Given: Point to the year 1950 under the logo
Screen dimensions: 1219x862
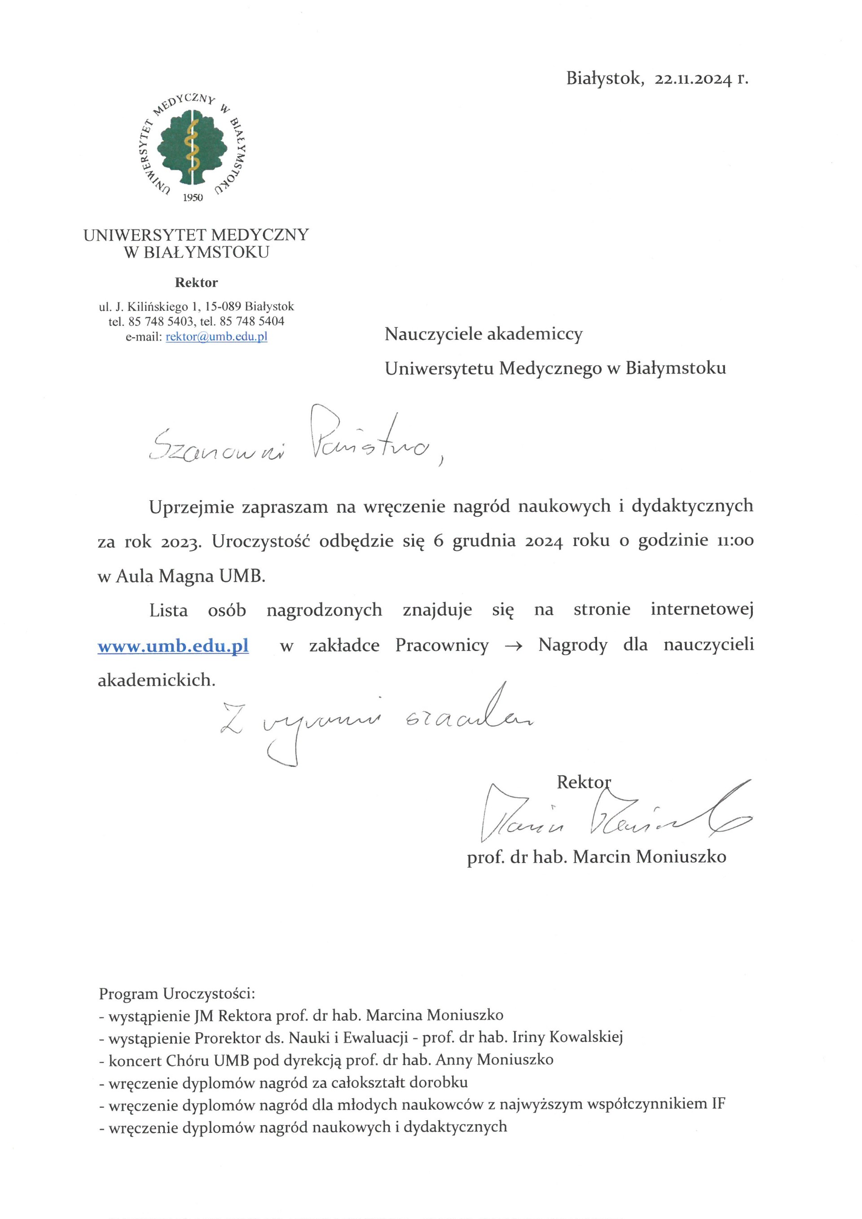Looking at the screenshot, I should [x=193, y=198].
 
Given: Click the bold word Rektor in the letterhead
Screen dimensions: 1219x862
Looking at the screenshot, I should [x=196, y=282].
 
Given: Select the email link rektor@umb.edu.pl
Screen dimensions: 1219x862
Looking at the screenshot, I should [x=216, y=337].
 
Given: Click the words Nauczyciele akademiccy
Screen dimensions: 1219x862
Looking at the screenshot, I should [x=484, y=334].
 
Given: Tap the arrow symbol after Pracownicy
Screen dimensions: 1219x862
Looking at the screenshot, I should [x=514, y=646].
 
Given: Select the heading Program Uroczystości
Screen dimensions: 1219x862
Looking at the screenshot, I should [x=177, y=993].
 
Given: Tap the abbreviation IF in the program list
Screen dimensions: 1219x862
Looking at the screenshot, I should [x=717, y=1105].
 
